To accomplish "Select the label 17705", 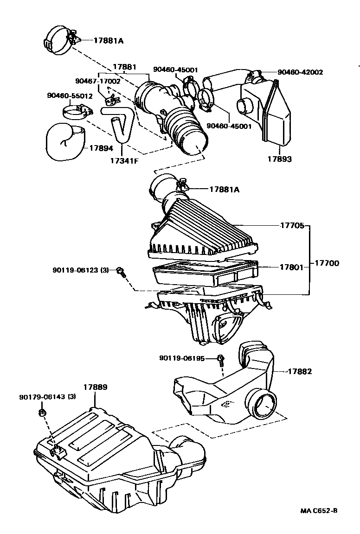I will [x=292, y=226].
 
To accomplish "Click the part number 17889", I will [x=96, y=387].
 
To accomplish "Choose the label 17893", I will [x=279, y=159].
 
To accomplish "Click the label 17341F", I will [x=123, y=161].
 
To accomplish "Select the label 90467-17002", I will [x=98, y=81].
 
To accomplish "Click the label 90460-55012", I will [x=70, y=96].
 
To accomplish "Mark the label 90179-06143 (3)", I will [x=48, y=397].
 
